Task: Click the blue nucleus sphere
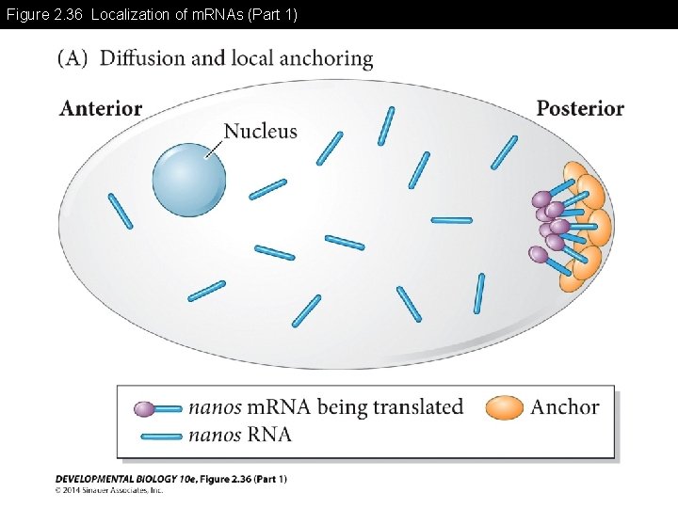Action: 189,182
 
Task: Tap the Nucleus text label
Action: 261,132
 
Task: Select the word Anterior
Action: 101,108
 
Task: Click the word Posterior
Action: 580,108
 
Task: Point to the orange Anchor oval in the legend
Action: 505,407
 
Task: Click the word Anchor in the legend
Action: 565,407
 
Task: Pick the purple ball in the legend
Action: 144,409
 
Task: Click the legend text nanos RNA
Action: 240,434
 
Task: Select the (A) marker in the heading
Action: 73,58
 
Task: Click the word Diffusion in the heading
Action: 142,58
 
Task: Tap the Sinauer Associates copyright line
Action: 109,490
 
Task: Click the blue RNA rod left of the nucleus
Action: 121,210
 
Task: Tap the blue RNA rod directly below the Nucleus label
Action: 267,189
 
